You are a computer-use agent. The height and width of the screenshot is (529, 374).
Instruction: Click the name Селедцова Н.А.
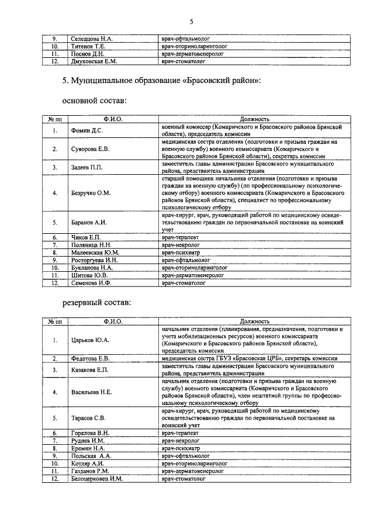(91, 38)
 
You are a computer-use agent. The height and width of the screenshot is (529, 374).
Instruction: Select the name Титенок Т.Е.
(88, 46)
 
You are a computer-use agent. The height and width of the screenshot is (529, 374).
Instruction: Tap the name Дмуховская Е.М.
(93, 61)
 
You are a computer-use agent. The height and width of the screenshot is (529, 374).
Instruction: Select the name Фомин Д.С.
(87, 130)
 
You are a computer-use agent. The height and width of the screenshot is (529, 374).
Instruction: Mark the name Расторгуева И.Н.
(94, 260)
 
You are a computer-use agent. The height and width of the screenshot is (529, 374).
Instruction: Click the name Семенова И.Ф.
(92, 283)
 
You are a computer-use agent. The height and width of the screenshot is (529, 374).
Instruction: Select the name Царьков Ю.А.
(91, 340)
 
